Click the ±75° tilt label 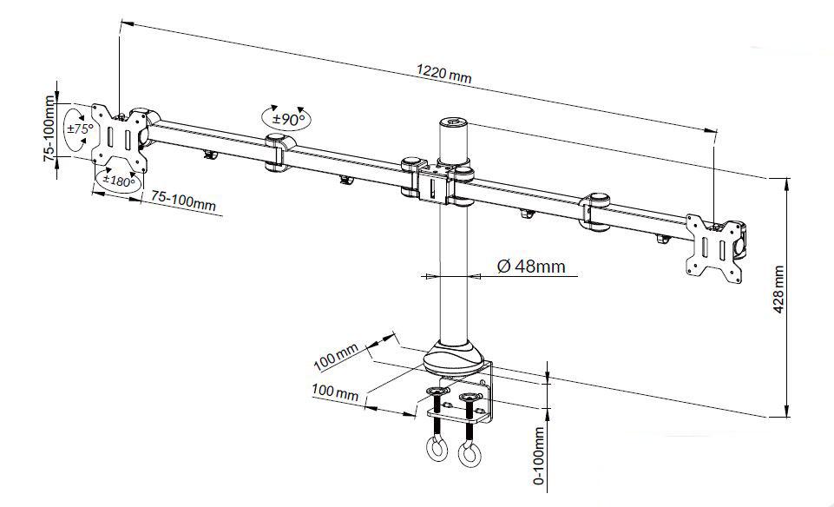pos(80,128)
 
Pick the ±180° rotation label pos(118,181)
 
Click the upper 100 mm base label pos(336,355)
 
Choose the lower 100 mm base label pos(335,394)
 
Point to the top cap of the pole pos(454,123)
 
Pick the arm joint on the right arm pos(598,213)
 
